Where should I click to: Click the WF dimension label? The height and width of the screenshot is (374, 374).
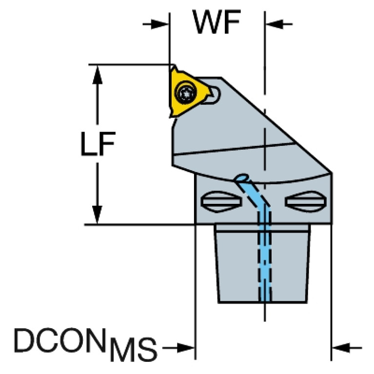pyautogui.click(x=217, y=22)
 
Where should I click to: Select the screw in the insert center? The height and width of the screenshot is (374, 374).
pyautogui.click(x=185, y=92)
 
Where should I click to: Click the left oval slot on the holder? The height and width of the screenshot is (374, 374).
pyautogui.click(x=220, y=201)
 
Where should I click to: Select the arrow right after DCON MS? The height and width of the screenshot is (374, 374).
pyautogui.click(x=185, y=348)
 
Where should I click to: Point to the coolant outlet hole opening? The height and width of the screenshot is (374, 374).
pyautogui.click(x=241, y=178)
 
